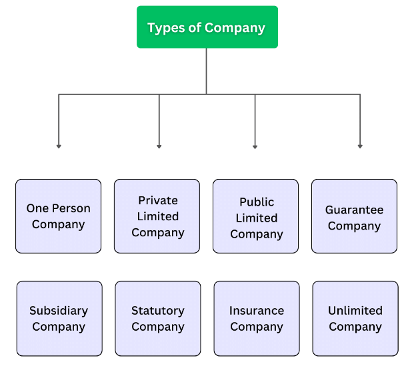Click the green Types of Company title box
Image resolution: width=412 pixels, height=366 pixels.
click(x=207, y=27)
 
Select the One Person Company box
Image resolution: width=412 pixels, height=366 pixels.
click(x=59, y=216)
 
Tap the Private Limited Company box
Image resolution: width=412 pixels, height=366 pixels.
click(x=157, y=216)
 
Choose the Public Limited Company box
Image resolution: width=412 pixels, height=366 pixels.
click(x=256, y=216)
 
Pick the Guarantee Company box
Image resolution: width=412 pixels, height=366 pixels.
click(x=354, y=216)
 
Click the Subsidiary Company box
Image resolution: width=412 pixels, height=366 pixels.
click(x=59, y=318)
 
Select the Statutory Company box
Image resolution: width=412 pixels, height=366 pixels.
click(x=158, y=318)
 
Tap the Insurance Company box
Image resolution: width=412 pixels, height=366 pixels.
click(x=257, y=318)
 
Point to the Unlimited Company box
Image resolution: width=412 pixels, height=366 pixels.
click(x=355, y=318)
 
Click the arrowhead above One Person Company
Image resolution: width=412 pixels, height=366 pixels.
click(x=59, y=146)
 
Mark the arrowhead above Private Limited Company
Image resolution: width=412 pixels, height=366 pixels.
click(x=159, y=146)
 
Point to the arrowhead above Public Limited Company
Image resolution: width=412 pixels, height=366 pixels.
click(x=255, y=146)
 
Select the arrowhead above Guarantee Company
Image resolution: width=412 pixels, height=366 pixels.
click(x=360, y=146)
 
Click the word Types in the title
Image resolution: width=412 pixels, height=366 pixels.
click(x=163, y=28)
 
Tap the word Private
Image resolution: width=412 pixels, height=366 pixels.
click(x=158, y=200)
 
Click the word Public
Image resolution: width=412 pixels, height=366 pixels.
click(x=257, y=202)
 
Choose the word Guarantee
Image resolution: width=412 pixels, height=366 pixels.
click(x=354, y=210)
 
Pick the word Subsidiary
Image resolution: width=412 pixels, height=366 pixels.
click(x=59, y=311)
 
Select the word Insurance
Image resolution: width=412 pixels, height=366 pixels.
click(x=257, y=311)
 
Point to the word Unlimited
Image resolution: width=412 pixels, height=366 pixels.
click(x=355, y=311)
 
